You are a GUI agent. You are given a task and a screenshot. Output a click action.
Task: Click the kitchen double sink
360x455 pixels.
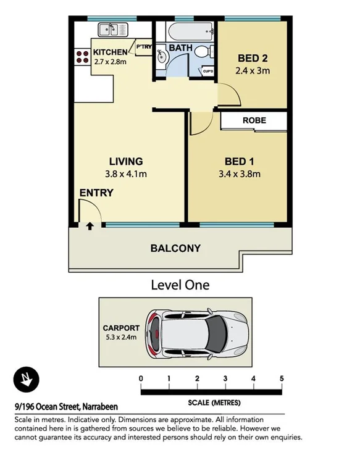113,30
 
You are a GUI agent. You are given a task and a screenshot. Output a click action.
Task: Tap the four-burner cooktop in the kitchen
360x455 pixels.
83,57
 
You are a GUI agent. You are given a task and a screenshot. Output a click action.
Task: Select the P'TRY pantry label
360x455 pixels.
144,46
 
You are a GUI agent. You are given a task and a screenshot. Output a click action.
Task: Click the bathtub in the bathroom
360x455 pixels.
190,31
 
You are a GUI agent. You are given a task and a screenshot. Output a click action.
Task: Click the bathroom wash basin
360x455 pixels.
161,56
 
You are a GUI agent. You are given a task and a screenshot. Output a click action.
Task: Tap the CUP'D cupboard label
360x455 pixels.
208,71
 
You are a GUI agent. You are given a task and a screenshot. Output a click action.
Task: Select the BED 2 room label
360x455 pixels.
253,58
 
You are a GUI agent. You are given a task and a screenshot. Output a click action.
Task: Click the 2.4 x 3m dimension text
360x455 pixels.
253,70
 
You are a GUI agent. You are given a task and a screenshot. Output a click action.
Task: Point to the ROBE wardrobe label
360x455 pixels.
254,120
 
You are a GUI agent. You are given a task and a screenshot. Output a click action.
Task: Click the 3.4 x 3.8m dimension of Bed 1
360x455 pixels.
240,174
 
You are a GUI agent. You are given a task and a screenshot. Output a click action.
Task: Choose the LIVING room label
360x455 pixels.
126,161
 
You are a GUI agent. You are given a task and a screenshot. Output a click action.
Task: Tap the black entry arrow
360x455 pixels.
90,226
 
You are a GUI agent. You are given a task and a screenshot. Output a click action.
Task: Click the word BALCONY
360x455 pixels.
175,248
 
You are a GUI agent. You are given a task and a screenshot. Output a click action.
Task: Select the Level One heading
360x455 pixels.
180,285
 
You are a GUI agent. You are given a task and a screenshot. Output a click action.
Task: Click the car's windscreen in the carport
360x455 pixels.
216,333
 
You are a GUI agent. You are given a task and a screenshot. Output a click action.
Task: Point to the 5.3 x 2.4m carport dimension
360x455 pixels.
121,337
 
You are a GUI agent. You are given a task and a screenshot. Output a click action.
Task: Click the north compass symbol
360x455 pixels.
26,379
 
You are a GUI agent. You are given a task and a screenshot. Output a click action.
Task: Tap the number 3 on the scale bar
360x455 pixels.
225,378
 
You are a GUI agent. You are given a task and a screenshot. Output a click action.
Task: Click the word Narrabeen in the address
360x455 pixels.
100,407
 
